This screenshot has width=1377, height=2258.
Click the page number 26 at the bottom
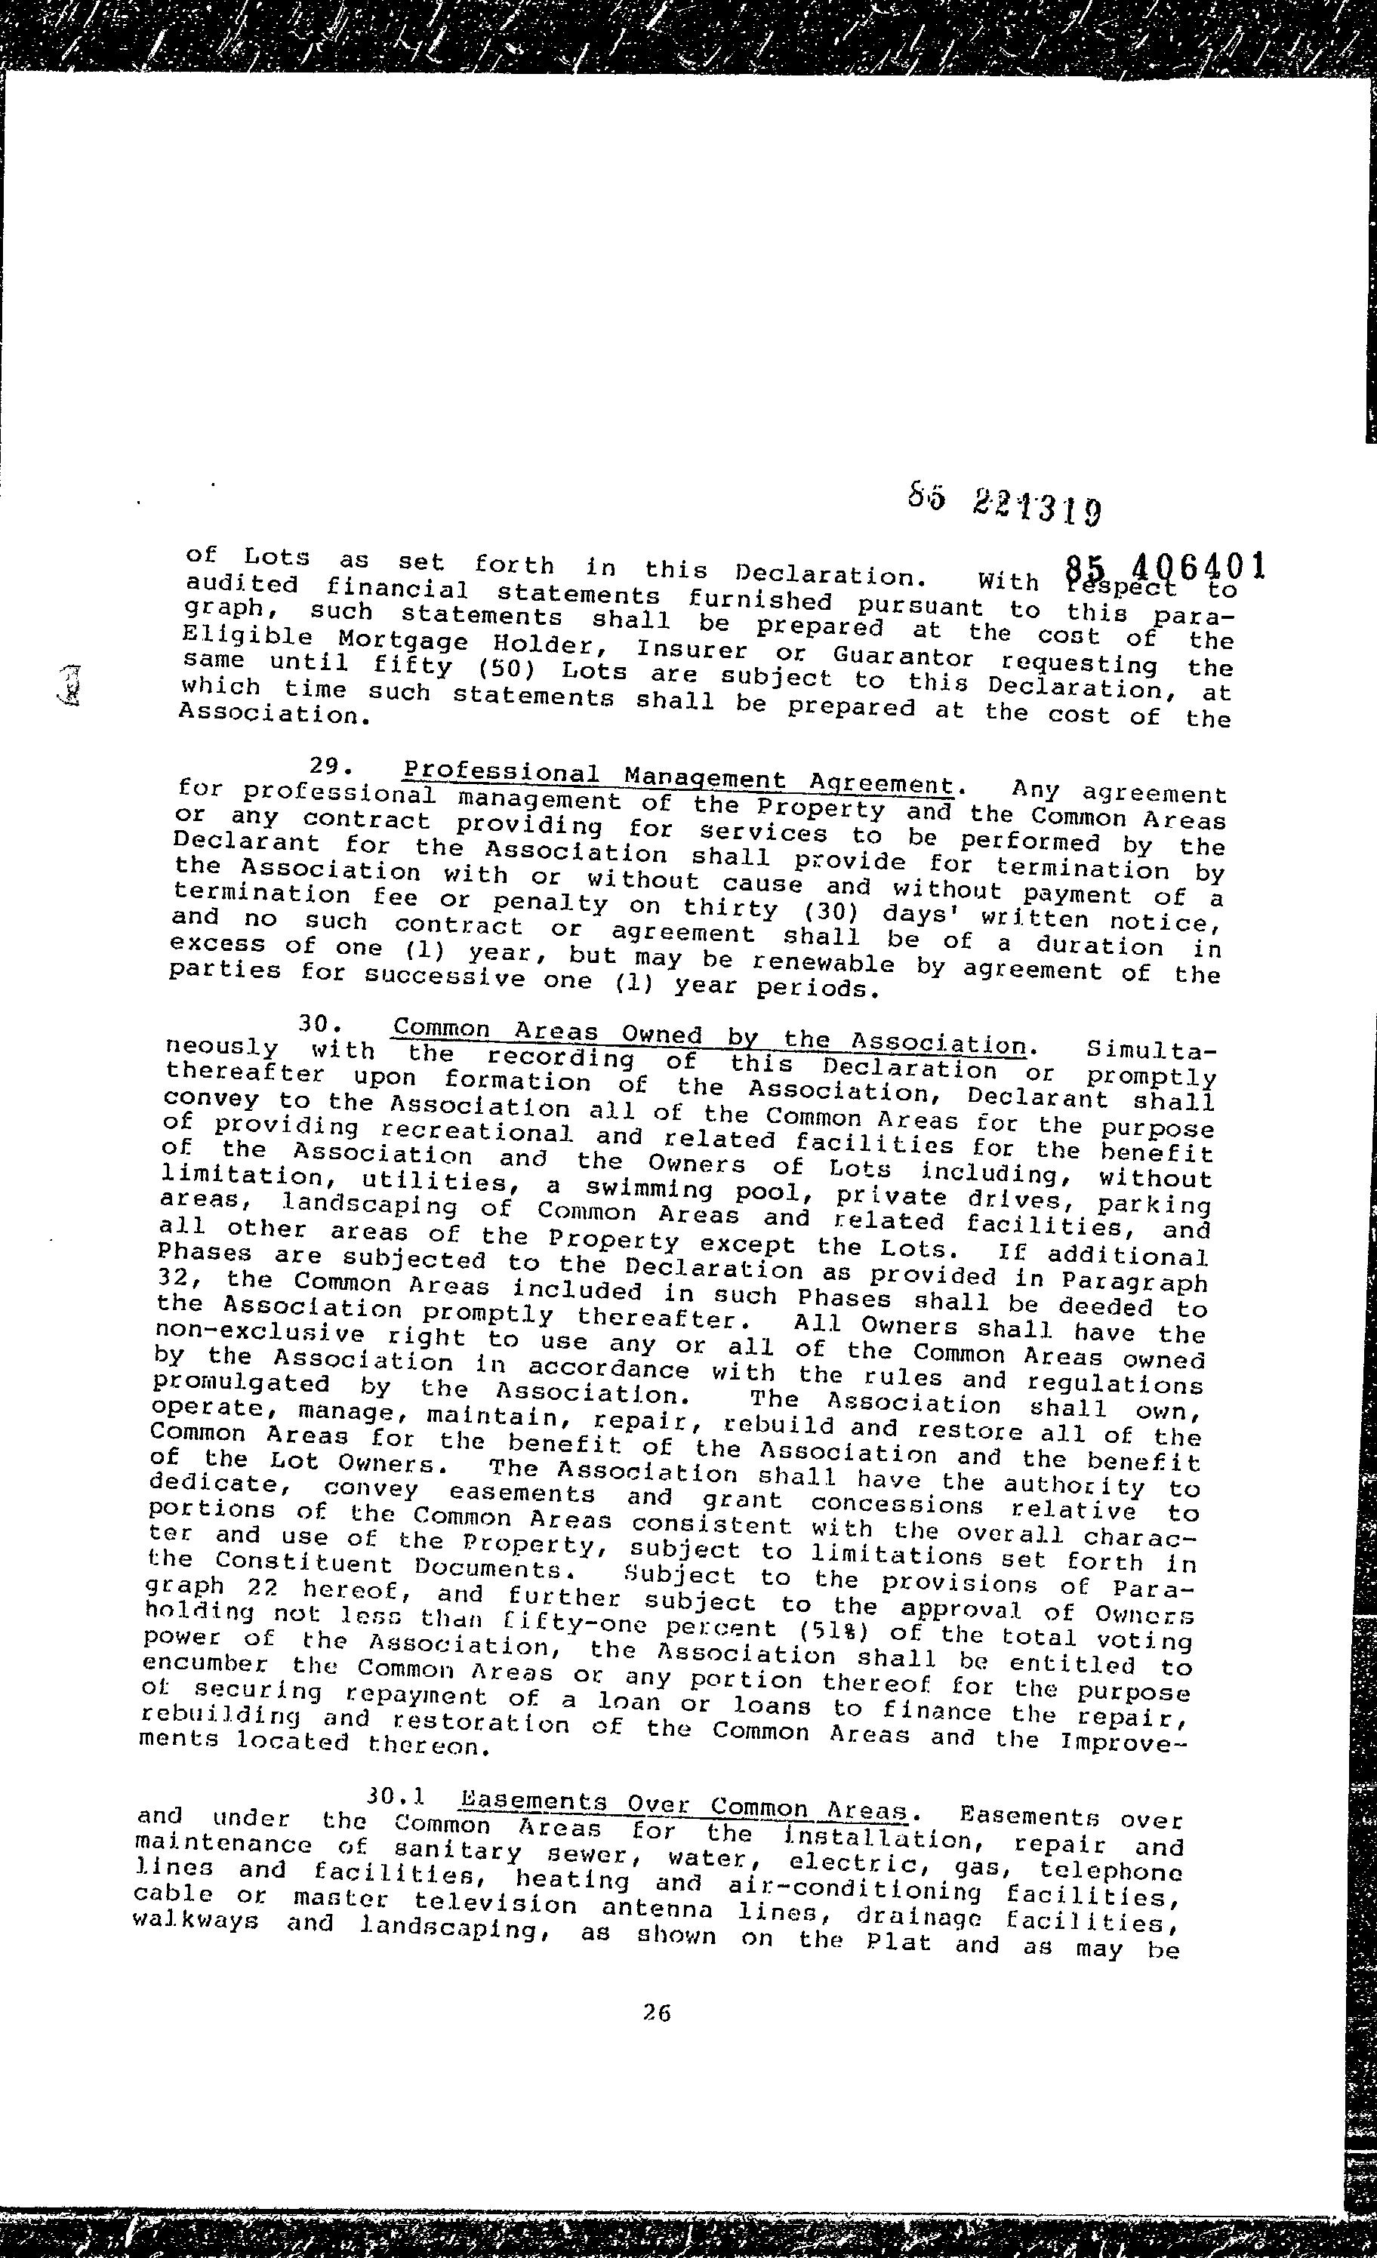pos(656,2013)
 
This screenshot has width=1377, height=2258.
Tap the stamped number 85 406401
pos(1165,569)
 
